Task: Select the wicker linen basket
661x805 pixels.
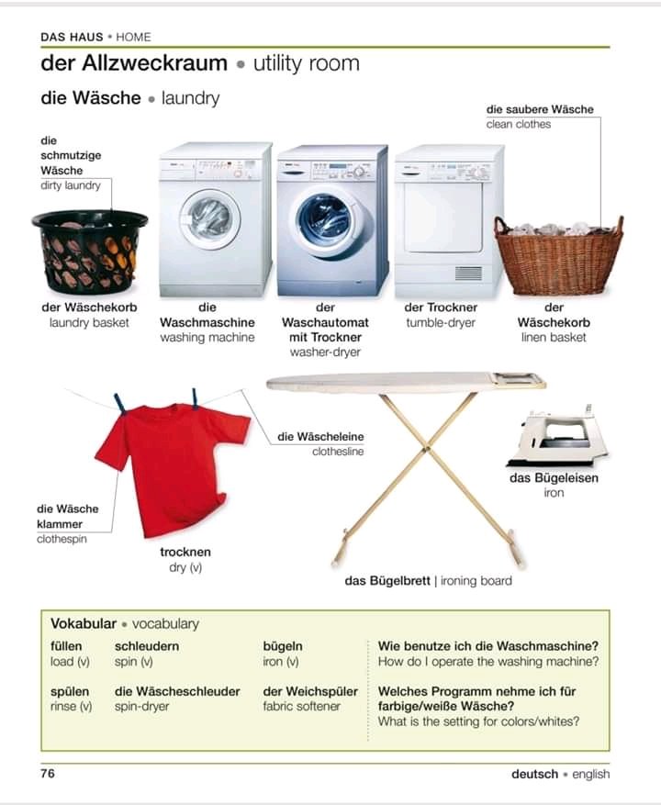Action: click(558, 257)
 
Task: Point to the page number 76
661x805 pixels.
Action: click(48, 774)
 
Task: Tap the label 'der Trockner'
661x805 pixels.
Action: click(441, 307)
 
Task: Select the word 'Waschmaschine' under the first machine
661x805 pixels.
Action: click(207, 323)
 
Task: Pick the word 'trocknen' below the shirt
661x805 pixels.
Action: click(185, 552)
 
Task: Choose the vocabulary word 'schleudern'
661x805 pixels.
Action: click(147, 646)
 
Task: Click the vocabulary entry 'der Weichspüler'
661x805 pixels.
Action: click(310, 691)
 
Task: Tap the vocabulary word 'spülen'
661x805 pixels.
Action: click(70, 691)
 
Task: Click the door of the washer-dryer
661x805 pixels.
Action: click(322, 218)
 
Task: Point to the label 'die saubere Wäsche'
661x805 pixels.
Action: click(540, 109)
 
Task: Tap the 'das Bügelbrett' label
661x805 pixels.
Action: click(387, 581)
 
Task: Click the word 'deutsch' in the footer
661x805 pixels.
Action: click(534, 774)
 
